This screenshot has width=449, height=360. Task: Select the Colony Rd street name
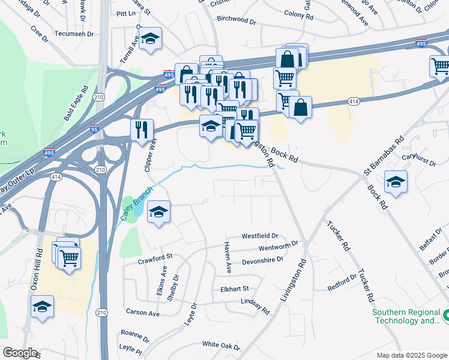[x=298, y=13]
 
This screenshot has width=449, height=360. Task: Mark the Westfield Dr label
[x=260, y=236]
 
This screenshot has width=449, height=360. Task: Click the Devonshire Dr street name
[x=262, y=261]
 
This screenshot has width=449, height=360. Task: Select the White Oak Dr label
[x=221, y=345]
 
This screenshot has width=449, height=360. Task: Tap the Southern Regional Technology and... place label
[x=406, y=317]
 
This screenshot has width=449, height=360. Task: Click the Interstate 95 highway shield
[x=94, y=128]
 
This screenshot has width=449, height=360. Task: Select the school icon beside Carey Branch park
[x=158, y=212]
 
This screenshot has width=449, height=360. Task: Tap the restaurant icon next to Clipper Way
[x=142, y=128]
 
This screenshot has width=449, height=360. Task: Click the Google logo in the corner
[x=19, y=353]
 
